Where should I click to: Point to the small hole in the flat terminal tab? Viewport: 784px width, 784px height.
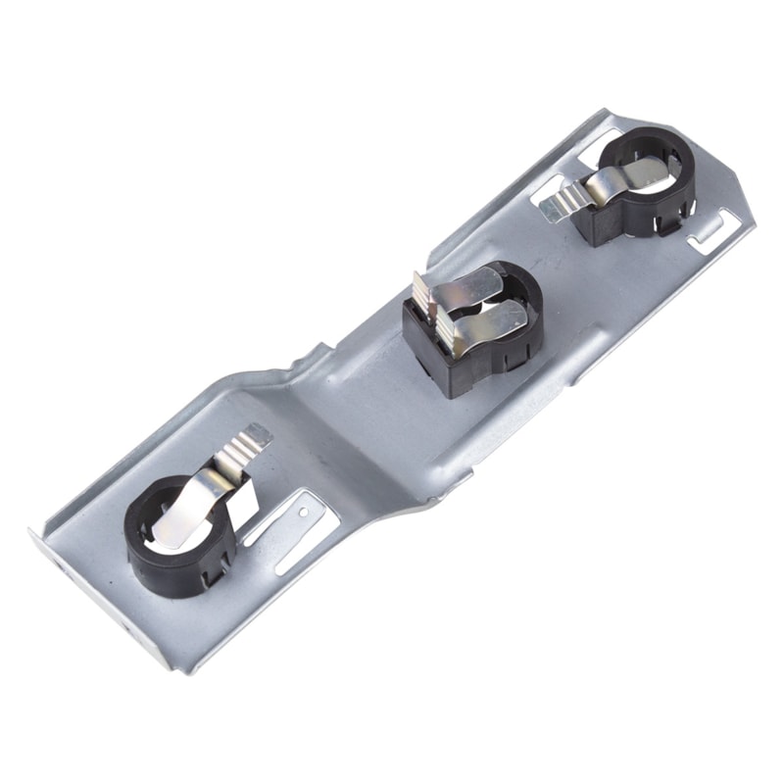click(303, 511)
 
